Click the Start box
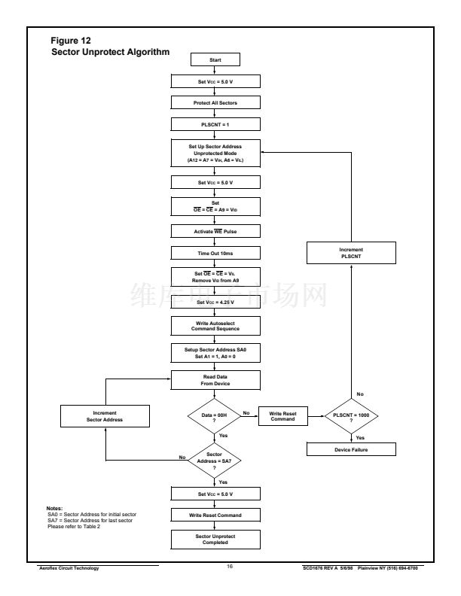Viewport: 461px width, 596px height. [x=215, y=59]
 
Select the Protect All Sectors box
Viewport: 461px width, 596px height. [x=215, y=102]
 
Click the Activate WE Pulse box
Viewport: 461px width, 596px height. [x=215, y=230]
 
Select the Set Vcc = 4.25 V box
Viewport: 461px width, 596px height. [x=215, y=302]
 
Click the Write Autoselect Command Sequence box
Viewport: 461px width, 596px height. [x=215, y=326]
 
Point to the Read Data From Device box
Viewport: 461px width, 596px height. [x=215, y=379]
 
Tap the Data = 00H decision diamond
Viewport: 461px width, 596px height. [x=215, y=415]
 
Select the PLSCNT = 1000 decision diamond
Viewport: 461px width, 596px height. [x=351, y=415]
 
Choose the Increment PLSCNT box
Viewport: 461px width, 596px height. [x=351, y=252]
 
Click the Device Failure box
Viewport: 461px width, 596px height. [x=351, y=449]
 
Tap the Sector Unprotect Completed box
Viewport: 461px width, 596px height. [x=215, y=539]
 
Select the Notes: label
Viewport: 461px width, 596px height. [x=54, y=509]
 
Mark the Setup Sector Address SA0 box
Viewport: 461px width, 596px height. [x=215, y=353]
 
